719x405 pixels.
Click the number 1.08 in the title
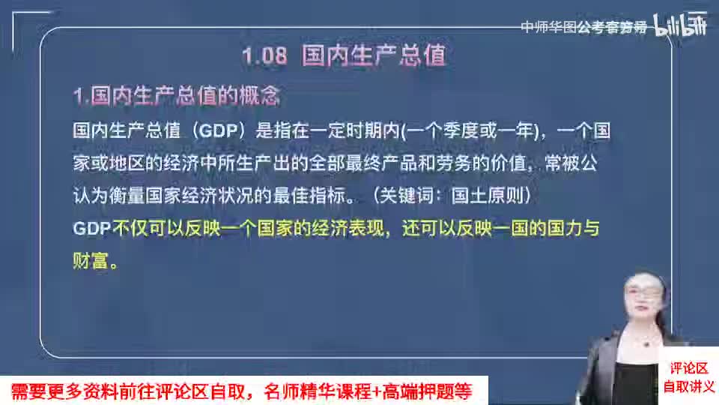click(264, 56)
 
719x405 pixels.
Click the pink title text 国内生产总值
click(374, 55)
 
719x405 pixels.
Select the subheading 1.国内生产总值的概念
click(177, 96)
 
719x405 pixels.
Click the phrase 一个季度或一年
click(470, 130)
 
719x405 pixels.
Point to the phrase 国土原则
click(487, 196)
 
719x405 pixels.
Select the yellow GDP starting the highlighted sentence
click(91, 228)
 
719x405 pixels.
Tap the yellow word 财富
click(91, 261)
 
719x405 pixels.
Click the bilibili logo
click(680, 25)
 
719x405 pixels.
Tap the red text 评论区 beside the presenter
click(689, 367)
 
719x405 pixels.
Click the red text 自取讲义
click(689, 387)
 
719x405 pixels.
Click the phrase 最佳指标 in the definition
click(309, 196)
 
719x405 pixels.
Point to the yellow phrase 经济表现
click(348, 228)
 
